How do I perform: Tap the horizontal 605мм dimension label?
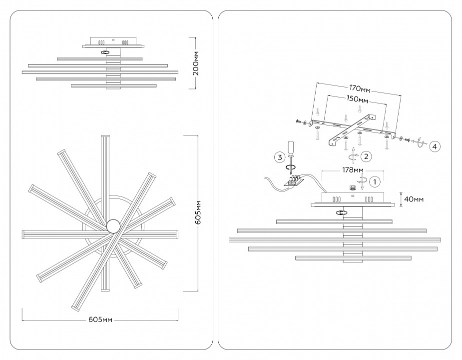pyautogui.click(x=99, y=319)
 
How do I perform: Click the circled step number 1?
pyautogui.click(x=376, y=181)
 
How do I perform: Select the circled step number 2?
pyautogui.click(x=366, y=156)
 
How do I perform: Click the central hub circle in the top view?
pyautogui.click(x=113, y=226)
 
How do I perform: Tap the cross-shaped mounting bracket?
pyautogui.click(x=350, y=129)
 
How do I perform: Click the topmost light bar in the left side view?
pyautogui.click(x=100, y=59)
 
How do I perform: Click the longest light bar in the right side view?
pyautogui.click(x=335, y=240)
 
